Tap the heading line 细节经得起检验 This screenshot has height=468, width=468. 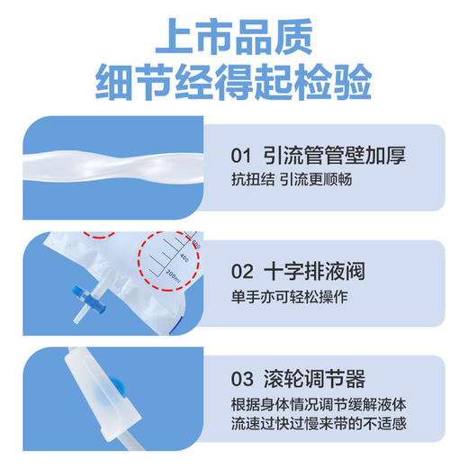point(234,83)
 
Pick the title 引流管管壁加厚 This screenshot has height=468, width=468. point(334,154)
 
